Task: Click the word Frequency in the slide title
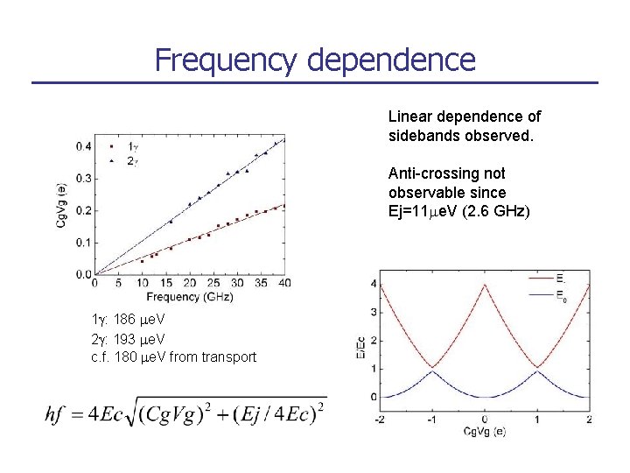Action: pos(227,60)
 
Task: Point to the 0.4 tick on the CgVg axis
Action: pos(82,146)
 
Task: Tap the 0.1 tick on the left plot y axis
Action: pos(82,243)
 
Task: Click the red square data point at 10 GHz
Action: pos(143,261)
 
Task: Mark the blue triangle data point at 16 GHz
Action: pos(171,222)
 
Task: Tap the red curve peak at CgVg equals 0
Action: pos(485,284)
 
